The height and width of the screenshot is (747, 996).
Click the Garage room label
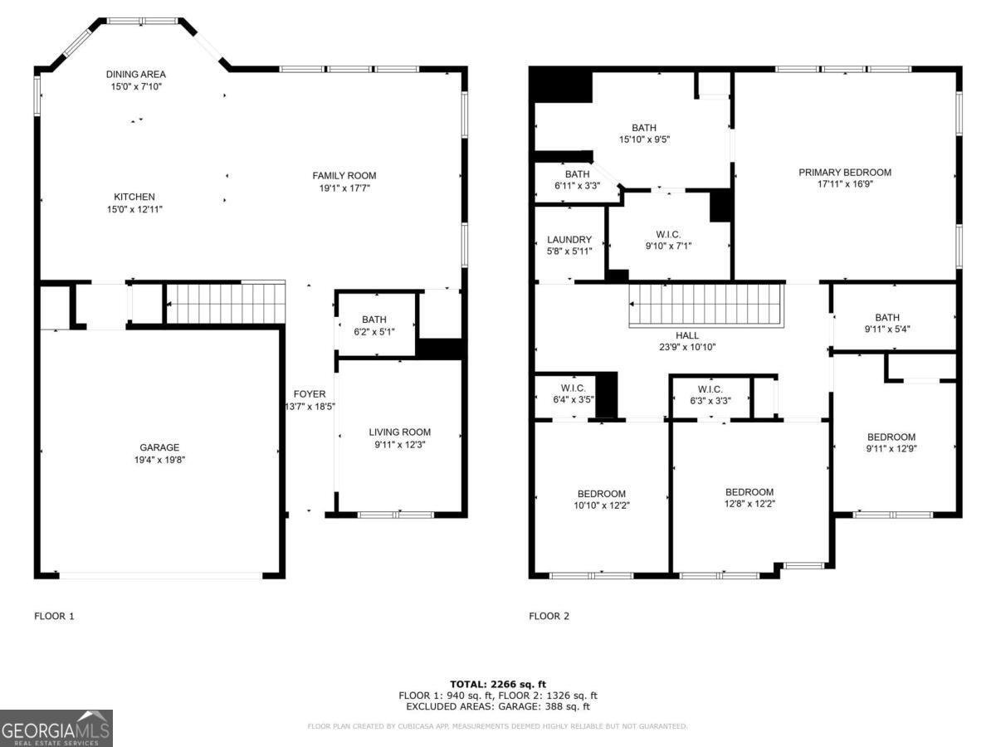[x=159, y=447]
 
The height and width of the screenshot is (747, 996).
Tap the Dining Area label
[x=135, y=75]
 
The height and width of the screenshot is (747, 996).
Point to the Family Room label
[x=344, y=175]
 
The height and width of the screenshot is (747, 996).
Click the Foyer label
[x=310, y=393]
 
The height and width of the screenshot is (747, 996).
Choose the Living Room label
[x=399, y=432]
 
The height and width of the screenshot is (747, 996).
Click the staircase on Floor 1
[x=225, y=303]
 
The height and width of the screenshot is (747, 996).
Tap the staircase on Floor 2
[x=705, y=305]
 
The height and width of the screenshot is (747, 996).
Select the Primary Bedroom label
[x=844, y=173]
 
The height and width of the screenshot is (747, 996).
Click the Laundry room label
[x=569, y=240]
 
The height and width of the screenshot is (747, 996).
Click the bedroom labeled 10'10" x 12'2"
[x=602, y=494]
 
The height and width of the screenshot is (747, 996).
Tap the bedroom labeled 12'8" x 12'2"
[x=749, y=491]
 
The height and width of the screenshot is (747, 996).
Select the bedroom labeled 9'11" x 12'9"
[x=891, y=437]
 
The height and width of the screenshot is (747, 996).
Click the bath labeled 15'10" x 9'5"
[x=643, y=128]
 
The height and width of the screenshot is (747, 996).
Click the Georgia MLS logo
[x=56, y=728]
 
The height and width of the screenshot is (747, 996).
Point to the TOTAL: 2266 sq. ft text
[x=498, y=684]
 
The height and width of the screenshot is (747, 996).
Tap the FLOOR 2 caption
[x=549, y=616]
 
